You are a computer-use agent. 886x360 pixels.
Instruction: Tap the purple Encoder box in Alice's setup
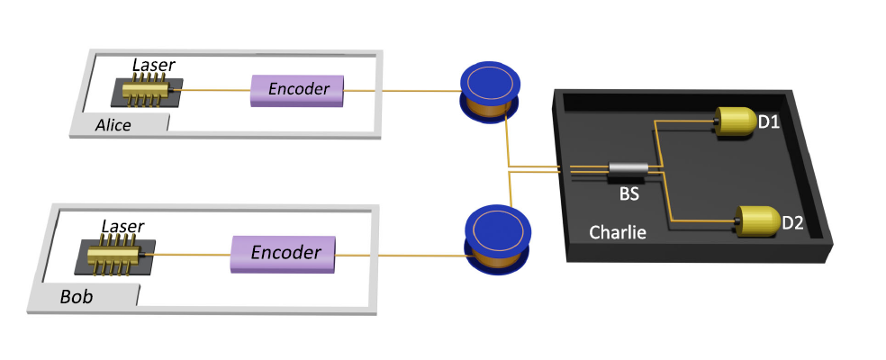click(297, 90)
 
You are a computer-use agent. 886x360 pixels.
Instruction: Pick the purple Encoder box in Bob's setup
click(284, 252)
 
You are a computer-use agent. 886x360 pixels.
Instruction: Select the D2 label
click(792, 222)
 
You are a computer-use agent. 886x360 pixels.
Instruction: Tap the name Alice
click(113, 125)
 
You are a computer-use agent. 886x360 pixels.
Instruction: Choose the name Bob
click(76, 295)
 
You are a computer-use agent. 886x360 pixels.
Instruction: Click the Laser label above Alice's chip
click(153, 64)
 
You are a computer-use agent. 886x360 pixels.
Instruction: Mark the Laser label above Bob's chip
click(122, 226)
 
